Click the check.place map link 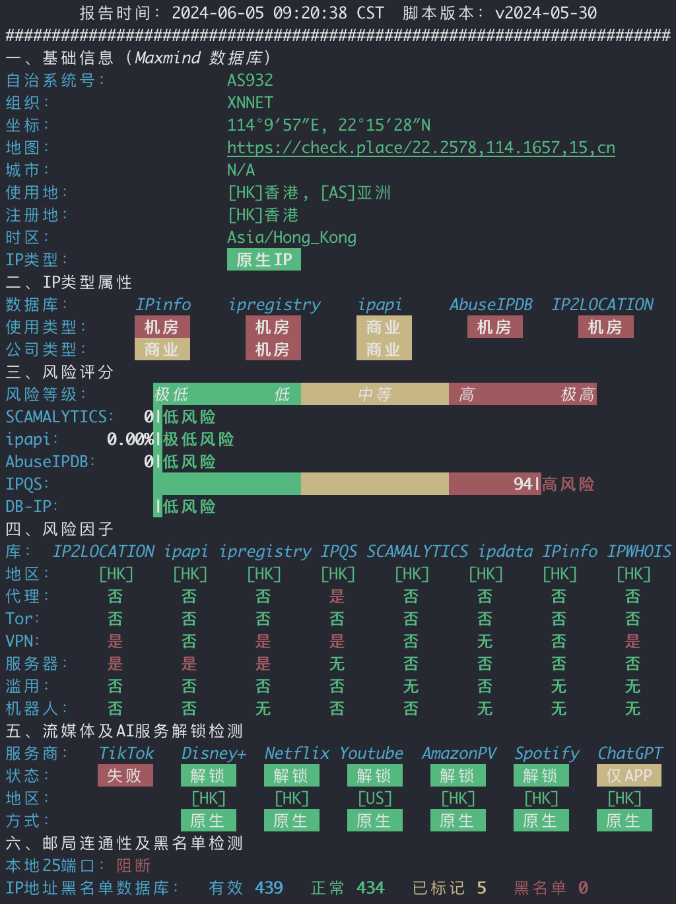pyautogui.click(x=421, y=148)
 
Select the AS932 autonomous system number pyautogui.click(x=250, y=81)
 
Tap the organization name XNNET pyautogui.click(x=250, y=102)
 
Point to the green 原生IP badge pyautogui.click(x=264, y=259)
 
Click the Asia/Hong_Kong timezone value pyautogui.click(x=292, y=238)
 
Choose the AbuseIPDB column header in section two pyautogui.click(x=491, y=305)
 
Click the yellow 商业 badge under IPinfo pyautogui.click(x=162, y=349)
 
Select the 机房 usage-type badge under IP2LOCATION pyautogui.click(x=605, y=327)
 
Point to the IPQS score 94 pyautogui.click(x=523, y=484)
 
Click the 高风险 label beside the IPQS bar pyautogui.click(x=568, y=484)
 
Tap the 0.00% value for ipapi pyautogui.click(x=130, y=439)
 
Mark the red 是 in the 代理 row pyautogui.click(x=337, y=597)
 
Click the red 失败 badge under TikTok pyautogui.click(x=125, y=775)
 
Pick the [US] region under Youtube pyautogui.click(x=375, y=798)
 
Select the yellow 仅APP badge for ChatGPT pyautogui.click(x=629, y=775)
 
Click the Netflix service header pyautogui.click(x=296, y=754)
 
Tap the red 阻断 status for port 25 pyautogui.click(x=133, y=865)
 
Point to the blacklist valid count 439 pyautogui.click(x=269, y=888)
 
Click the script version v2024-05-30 pyautogui.click(x=546, y=13)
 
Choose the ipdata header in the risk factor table pyautogui.click(x=505, y=552)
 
